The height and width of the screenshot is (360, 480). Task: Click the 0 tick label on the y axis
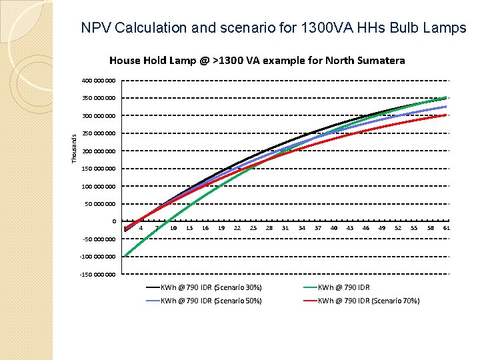pyautogui.click(x=114, y=221)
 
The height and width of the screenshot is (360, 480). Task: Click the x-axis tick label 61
pyautogui.click(x=446, y=228)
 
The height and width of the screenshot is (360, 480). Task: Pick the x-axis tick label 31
pyautogui.click(x=285, y=228)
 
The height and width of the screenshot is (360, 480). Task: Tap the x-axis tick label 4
pyautogui.click(x=141, y=228)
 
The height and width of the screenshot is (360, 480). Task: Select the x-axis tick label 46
pyautogui.click(x=365, y=228)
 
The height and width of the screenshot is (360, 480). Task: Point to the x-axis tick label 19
pyautogui.click(x=221, y=228)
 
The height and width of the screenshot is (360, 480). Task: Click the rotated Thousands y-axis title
pyautogui.click(x=75, y=147)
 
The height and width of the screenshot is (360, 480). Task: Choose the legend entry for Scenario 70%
pyautogui.click(x=368, y=301)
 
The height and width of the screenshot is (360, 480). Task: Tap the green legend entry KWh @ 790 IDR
pyautogui.click(x=343, y=287)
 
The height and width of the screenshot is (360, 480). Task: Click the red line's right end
pyautogui.click(x=446, y=115)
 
